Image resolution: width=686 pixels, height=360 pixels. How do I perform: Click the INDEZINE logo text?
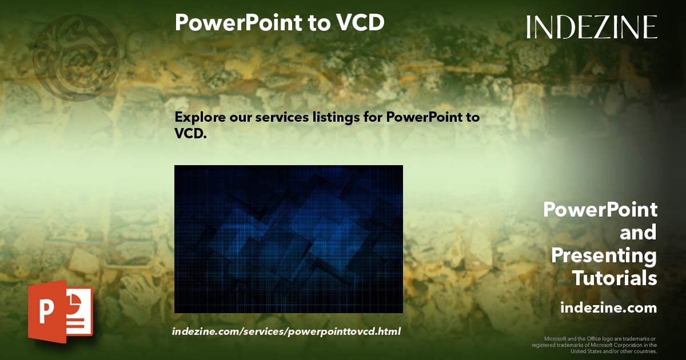592,27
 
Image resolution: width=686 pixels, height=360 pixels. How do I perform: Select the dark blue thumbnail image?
288,239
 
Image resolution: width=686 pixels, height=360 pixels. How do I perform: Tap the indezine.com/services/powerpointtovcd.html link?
286,331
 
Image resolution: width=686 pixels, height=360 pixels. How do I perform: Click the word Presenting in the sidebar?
604,255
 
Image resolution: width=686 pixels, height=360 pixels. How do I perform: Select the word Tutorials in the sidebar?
615,278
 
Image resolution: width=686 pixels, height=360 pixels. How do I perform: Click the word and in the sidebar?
638,233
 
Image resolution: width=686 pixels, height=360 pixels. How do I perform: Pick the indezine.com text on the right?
609,308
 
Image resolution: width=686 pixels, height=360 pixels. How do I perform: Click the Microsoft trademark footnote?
595,345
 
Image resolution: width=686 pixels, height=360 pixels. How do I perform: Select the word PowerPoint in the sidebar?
600,210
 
